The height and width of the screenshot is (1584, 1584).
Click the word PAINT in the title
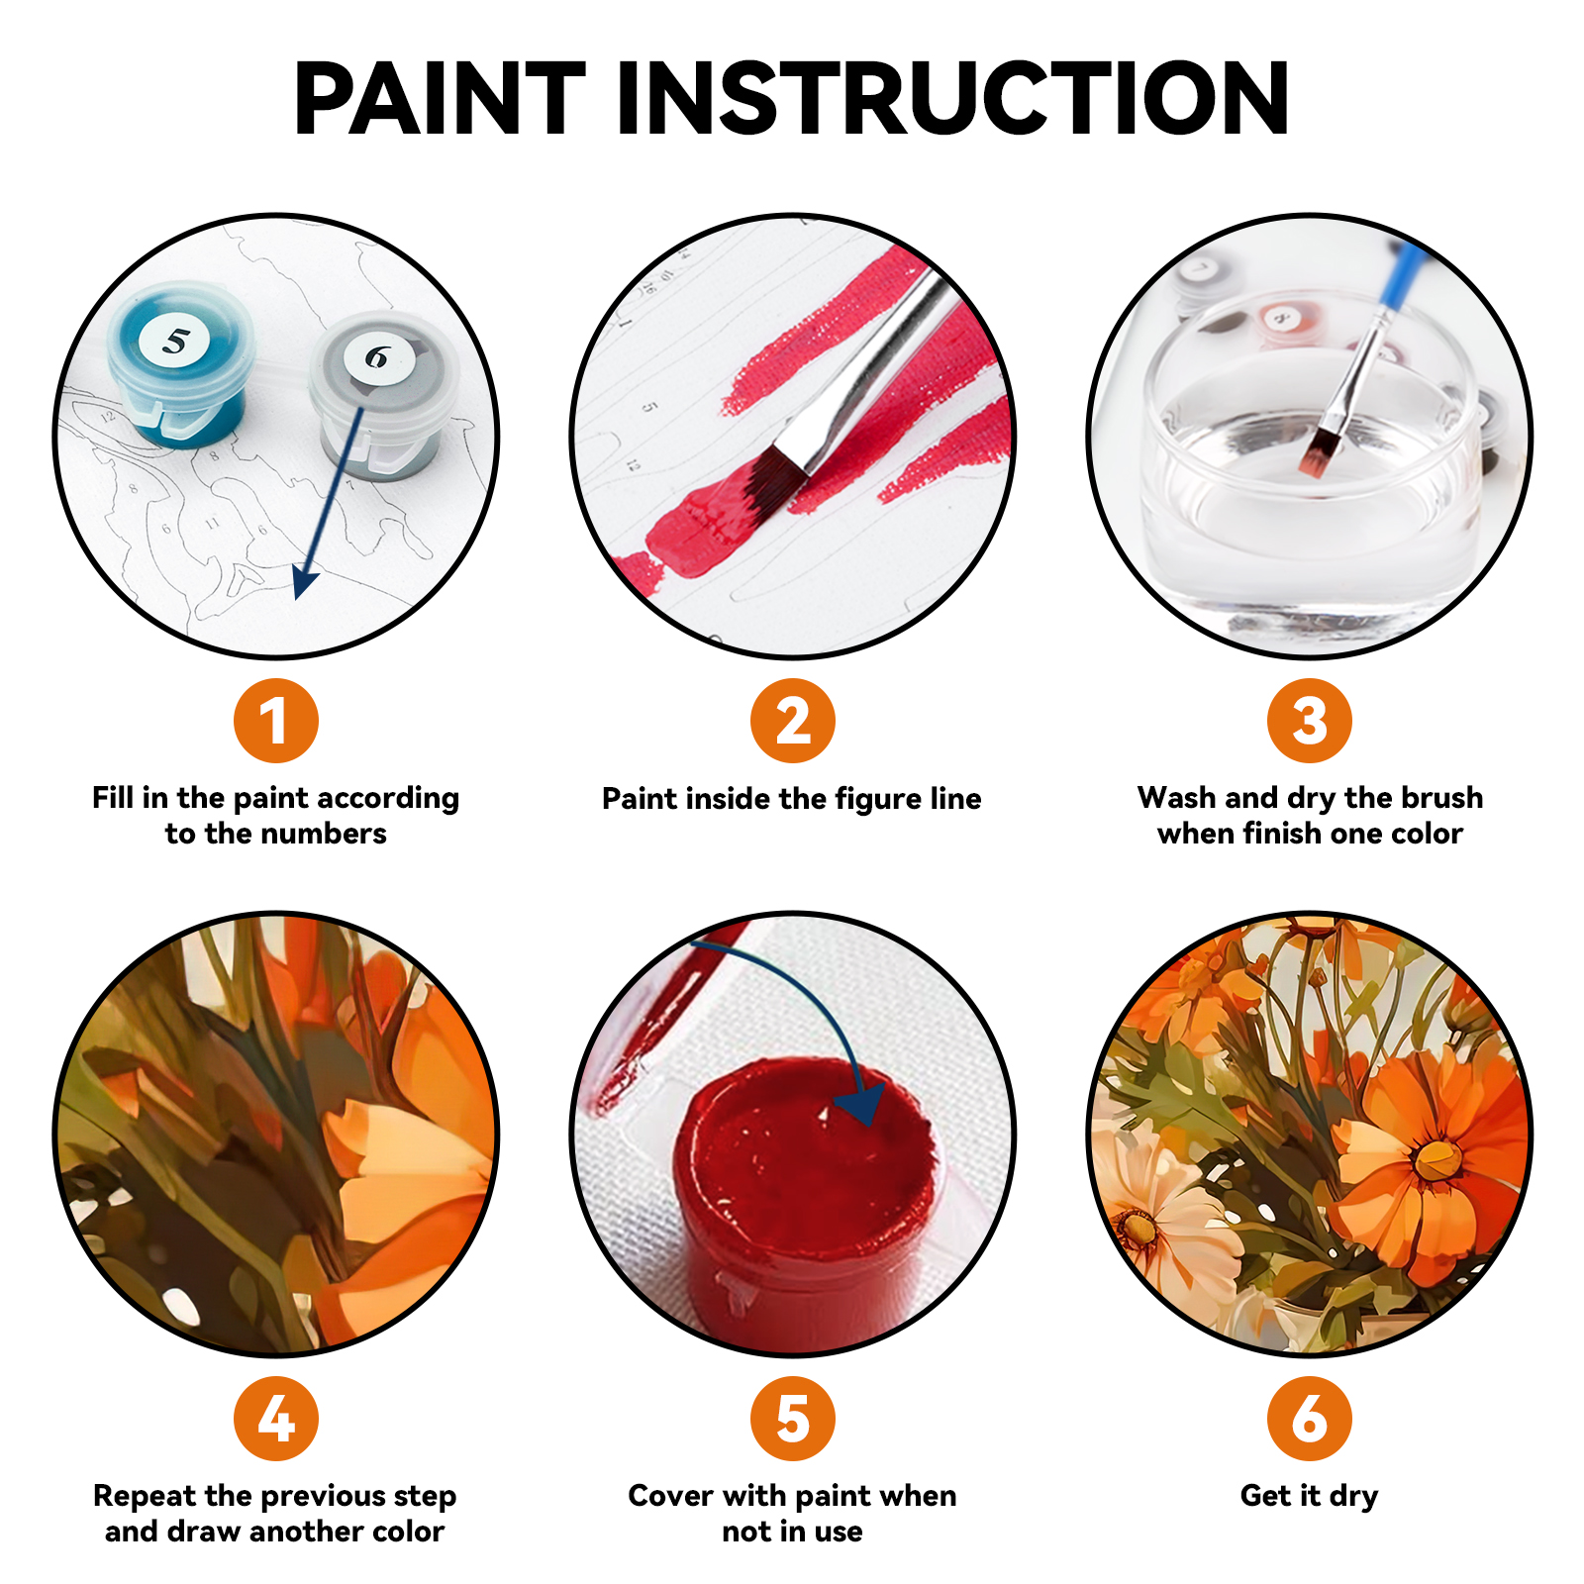[440, 98]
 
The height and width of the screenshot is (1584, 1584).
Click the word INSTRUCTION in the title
[952, 98]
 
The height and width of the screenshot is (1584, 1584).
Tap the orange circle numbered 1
[275, 721]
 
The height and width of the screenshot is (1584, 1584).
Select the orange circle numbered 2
[792, 721]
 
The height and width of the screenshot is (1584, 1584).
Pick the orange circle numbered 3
[1309, 721]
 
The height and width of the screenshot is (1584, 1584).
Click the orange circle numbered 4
[275, 1418]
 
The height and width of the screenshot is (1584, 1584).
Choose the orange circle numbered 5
[792, 1418]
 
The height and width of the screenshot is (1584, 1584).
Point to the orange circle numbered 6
[1309, 1418]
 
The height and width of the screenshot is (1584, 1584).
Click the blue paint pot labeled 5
[179, 366]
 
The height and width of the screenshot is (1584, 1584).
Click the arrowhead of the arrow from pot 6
[303, 584]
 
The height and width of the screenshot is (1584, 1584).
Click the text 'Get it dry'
[1309, 1495]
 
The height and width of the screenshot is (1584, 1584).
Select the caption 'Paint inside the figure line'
[792, 799]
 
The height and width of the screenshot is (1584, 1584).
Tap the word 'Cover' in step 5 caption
[670, 1495]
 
